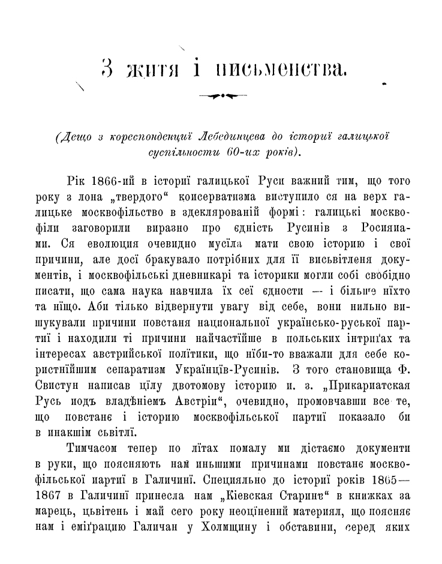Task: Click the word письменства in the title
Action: pyautogui.click(x=281, y=71)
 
